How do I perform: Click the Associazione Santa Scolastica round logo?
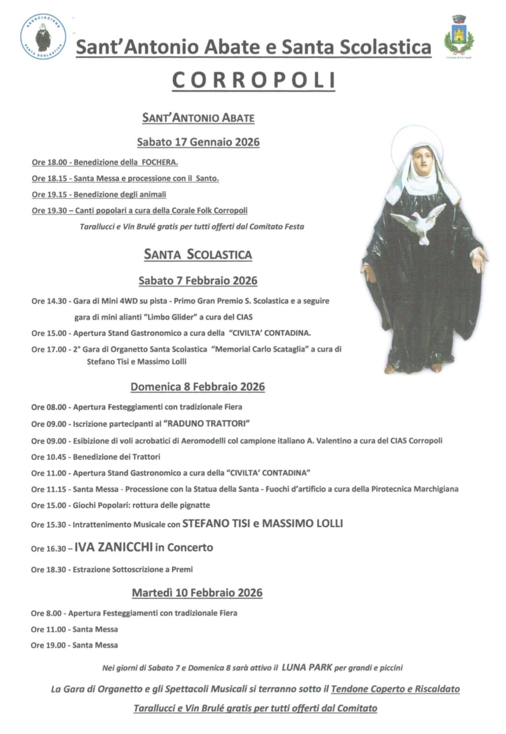pyautogui.click(x=43, y=37)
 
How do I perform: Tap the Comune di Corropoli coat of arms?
pyautogui.click(x=459, y=36)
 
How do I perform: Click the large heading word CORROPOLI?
pyautogui.click(x=254, y=80)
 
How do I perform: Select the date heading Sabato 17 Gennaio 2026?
pyautogui.click(x=198, y=142)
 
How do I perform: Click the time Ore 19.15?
pyautogui.click(x=49, y=194)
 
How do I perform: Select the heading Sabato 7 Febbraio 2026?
pyautogui.click(x=198, y=281)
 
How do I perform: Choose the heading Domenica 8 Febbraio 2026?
pyautogui.click(x=198, y=387)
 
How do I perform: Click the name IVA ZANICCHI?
pyautogui.click(x=114, y=547)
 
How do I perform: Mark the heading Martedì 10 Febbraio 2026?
pyautogui.click(x=197, y=593)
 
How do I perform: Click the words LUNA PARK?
pyautogui.click(x=307, y=667)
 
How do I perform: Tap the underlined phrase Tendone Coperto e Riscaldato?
pyautogui.click(x=395, y=689)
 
